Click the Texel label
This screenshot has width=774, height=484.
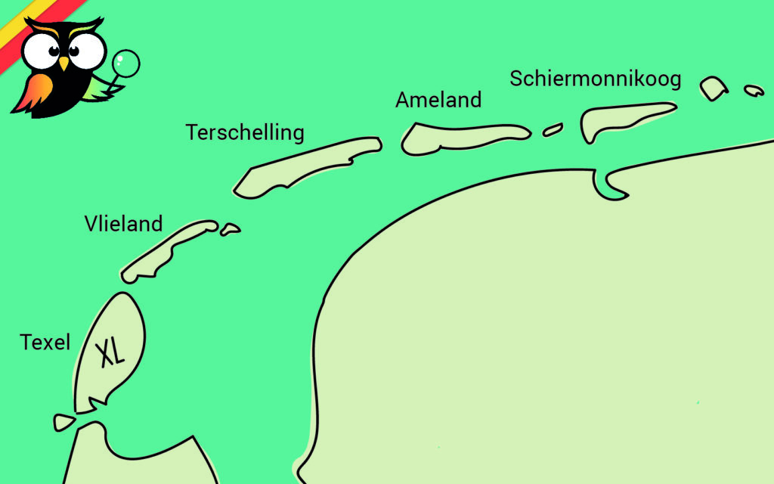pyautogui.click(x=45, y=343)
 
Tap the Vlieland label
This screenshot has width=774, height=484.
pyautogui.click(x=123, y=224)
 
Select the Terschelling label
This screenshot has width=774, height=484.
pyautogui.click(x=245, y=132)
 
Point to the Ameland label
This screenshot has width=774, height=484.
pyautogui.click(x=438, y=100)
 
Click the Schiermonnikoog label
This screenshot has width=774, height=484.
pyautogui.click(x=596, y=78)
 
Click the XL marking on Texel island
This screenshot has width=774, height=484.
pyautogui.click(x=112, y=352)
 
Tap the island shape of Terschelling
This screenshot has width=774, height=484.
pyautogui.click(x=302, y=165)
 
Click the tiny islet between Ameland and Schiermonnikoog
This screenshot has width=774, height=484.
pyautogui.click(x=553, y=129)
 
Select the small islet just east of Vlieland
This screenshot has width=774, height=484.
pyautogui.click(x=230, y=229)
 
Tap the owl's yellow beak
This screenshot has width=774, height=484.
pyautogui.click(x=63, y=64)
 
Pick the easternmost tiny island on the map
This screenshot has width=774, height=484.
pyautogui.click(x=754, y=90)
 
